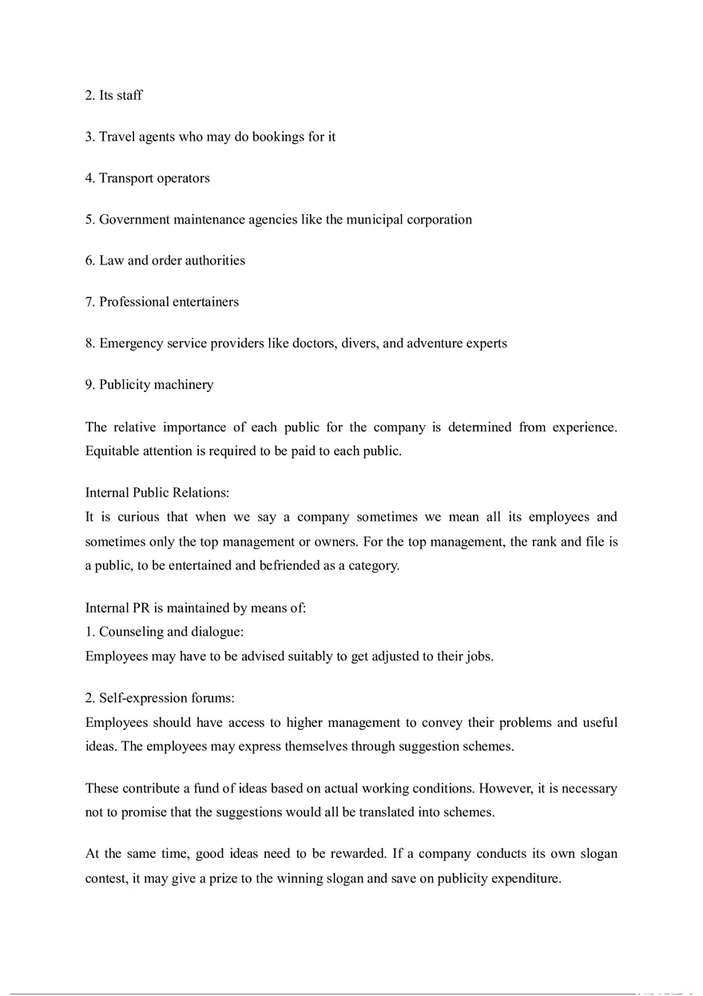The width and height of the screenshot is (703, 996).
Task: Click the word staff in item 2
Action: coord(129,95)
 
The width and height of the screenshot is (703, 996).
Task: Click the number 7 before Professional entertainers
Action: coord(89,302)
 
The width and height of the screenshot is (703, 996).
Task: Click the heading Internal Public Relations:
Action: coord(157,493)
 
